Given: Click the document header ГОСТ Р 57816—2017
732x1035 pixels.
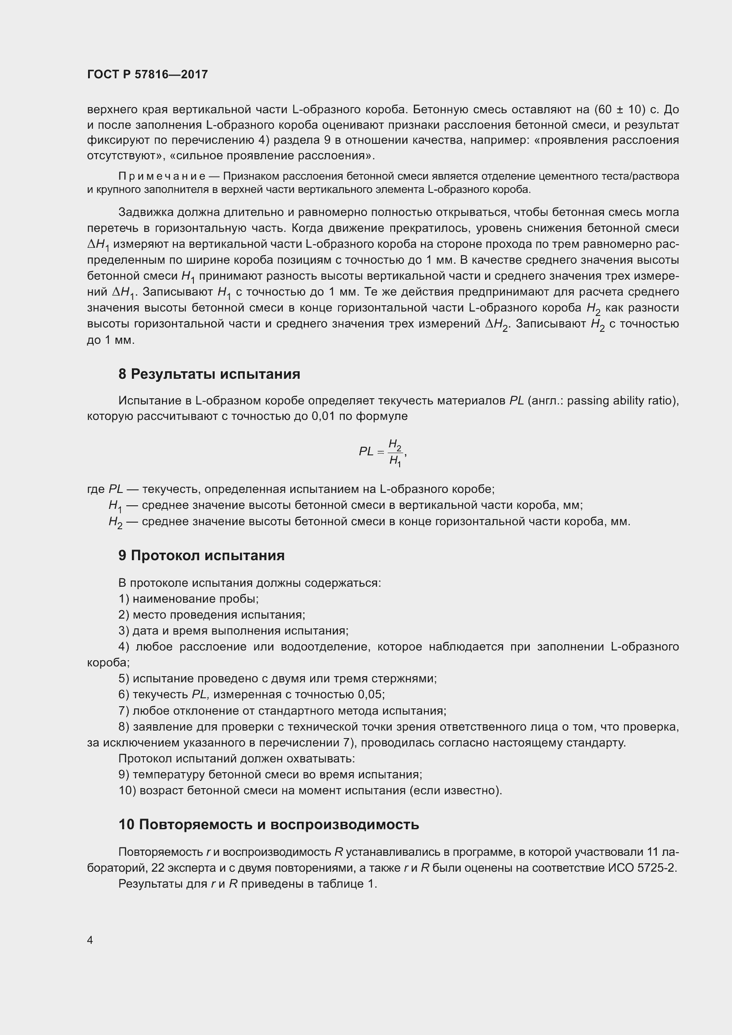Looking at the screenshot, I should [147, 74].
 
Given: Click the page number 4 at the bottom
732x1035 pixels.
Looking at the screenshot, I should [90, 940].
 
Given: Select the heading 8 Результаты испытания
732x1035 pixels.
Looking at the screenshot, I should [209, 374].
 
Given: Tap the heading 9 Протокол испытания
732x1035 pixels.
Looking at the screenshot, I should [201, 555].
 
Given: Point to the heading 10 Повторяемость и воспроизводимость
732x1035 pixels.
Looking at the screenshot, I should [269, 824].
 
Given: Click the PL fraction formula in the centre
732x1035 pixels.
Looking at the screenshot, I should [383, 452].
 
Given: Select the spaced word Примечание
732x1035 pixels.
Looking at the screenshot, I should [162, 176].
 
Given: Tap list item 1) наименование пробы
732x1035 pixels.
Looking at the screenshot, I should [189, 599].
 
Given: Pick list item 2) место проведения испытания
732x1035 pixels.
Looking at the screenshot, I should [212, 615].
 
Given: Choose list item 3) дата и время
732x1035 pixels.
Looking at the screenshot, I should [234, 631].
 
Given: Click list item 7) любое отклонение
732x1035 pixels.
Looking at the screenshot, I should [282, 711].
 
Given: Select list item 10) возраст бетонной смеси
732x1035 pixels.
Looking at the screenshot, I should [310, 791].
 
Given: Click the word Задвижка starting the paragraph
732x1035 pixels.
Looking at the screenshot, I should [146, 212].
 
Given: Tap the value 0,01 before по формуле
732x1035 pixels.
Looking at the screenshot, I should [323, 416].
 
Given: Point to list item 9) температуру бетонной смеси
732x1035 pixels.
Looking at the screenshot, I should [270, 774].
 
